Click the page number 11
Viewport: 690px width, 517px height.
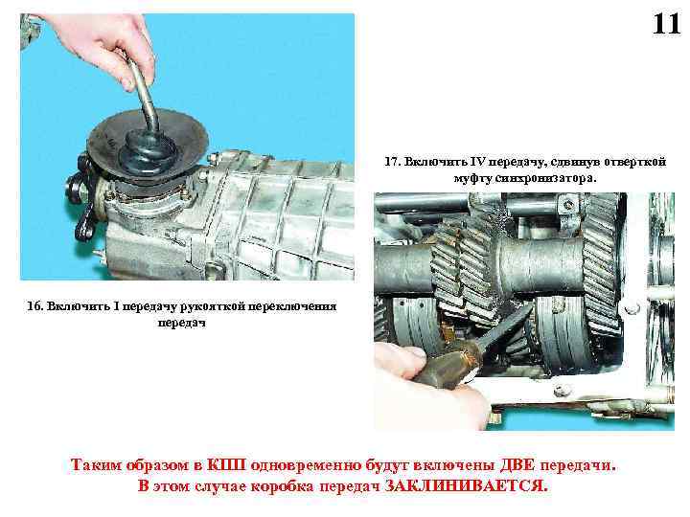(x=666, y=24)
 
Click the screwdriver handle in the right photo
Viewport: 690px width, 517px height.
(x=448, y=366)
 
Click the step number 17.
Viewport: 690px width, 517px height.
(x=392, y=162)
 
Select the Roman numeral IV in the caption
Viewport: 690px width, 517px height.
(x=476, y=162)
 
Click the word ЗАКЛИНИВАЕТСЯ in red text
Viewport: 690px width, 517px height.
(x=467, y=485)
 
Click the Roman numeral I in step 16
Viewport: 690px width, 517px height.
(x=116, y=306)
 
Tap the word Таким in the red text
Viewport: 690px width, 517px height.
(x=96, y=464)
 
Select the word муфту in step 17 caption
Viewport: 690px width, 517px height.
(x=473, y=179)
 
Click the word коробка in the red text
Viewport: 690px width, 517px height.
(x=282, y=486)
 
